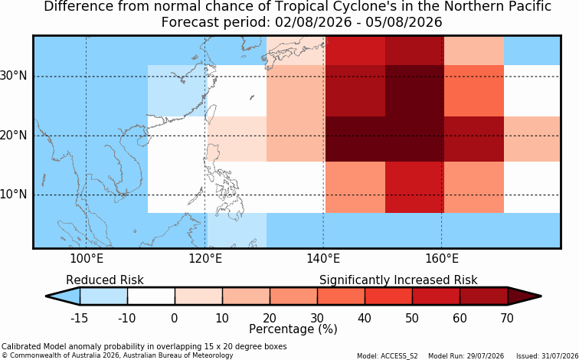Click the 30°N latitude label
tap(13, 76)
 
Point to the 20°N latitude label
tap(13, 136)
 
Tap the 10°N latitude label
tap(13, 195)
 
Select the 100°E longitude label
tap(87, 259)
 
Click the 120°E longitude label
tap(205, 259)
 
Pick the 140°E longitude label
tap(323, 259)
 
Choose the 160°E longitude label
tap(442, 259)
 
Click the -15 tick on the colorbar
tap(80, 318)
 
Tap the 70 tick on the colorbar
tap(507, 318)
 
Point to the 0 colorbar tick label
tap(175, 318)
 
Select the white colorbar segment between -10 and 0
tap(151, 296)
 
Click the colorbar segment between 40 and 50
tap(388, 296)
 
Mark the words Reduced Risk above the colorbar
tap(105, 280)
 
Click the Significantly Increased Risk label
tap(398, 280)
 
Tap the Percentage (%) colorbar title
tap(293, 329)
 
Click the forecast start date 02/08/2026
tap(313, 22)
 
